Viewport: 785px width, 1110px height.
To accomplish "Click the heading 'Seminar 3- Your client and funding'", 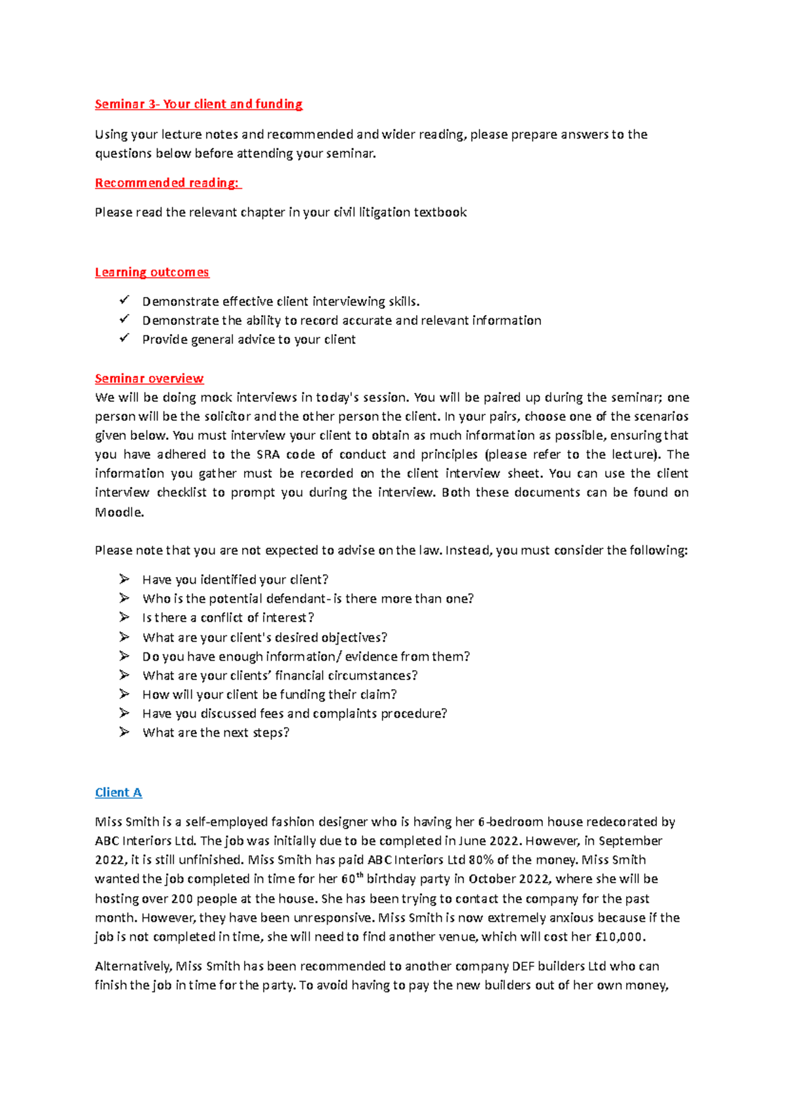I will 198,104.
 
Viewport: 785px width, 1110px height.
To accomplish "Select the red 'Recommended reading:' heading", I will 167,183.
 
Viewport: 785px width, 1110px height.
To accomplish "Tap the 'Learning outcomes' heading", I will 152,272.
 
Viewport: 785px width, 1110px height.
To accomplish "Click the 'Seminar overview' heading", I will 149,378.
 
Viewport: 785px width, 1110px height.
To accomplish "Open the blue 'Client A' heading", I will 118,792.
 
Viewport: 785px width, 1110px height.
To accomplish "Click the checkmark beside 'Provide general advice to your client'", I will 124,338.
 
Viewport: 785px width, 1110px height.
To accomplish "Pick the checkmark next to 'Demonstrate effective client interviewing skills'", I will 124,300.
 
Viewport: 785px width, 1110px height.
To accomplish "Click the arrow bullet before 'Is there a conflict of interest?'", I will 124,617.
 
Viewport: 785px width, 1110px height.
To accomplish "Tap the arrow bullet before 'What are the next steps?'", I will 124,732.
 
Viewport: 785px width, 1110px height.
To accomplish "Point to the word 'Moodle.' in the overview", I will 119,512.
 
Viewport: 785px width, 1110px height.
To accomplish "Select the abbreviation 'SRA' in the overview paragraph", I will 268,454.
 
